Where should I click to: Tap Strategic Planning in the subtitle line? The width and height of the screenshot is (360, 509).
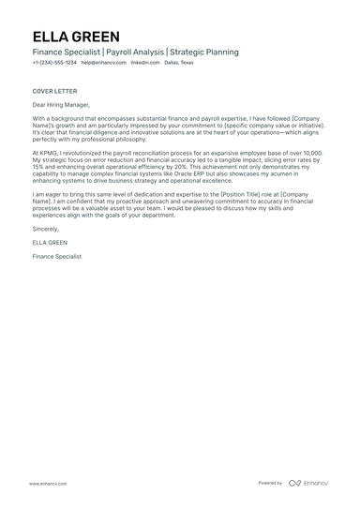203,52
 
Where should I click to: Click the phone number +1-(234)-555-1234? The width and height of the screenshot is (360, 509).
53,63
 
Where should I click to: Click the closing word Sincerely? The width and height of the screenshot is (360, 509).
45,228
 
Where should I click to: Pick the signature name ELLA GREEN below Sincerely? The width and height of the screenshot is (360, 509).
49,242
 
